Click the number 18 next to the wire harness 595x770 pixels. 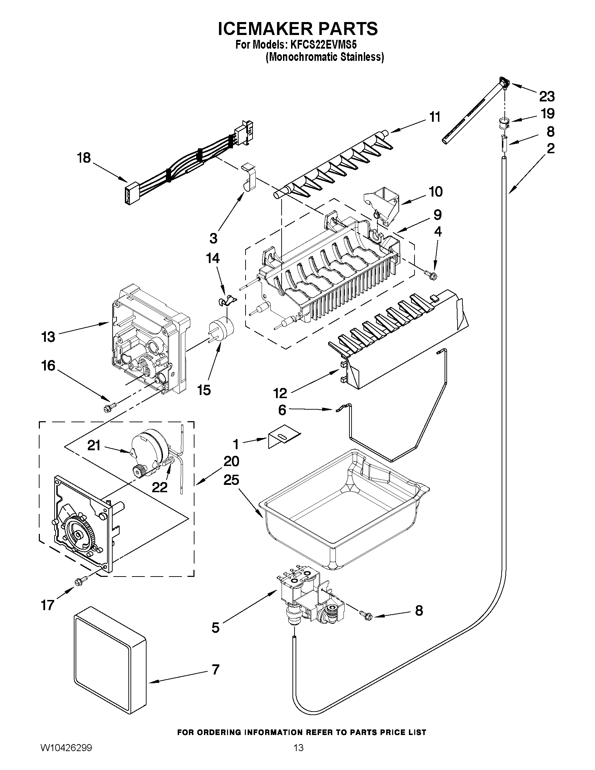pos(84,158)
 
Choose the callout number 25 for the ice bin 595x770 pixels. pos(231,480)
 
